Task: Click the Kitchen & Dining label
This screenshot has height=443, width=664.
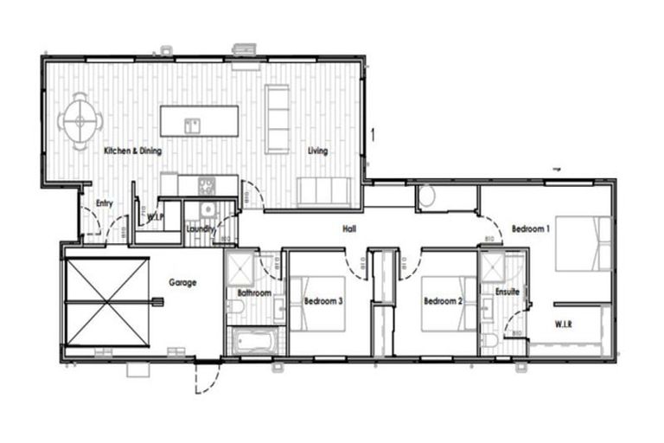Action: pyautogui.click(x=132, y=151)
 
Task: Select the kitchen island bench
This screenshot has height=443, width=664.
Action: pyautogui.click(x=199, y=120)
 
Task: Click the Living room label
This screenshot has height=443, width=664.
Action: pyautogui.click(x=317, y=151)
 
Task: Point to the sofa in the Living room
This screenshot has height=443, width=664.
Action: pyautogui.click(x=324, y=189)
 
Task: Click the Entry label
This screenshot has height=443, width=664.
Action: pyautogui.click(x=105, y=203)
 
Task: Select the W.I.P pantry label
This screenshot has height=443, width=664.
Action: pyautogui.click(x=156, y=217)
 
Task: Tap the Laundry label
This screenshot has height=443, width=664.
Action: pyautogui.click(x=200, y=229)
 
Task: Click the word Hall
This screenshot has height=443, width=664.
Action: pyautogui.click(x=350, y=229)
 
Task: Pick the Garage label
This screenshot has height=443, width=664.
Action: pyautogui.click(x=182, y=282)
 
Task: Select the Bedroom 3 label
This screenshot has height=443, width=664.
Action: pyautogui.click(x=323, y=301)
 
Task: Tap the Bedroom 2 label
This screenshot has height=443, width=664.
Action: pyautogui.click(x=444, y=301)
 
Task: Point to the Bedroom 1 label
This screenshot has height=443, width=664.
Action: pyautogui.click(x=529, y=228)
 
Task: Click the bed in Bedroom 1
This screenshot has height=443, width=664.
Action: pyautogui.click(x=583, y=243)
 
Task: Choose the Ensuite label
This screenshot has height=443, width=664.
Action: pyautogui.click(x=507, y=292)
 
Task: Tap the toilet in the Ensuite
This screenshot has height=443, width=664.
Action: pyautogui.click(x=490, y=340)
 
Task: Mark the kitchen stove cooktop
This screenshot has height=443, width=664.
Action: pyautogui.click(x=207, y=184)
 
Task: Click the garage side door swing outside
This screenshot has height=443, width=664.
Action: pyautogui.click(x=204, y=378)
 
